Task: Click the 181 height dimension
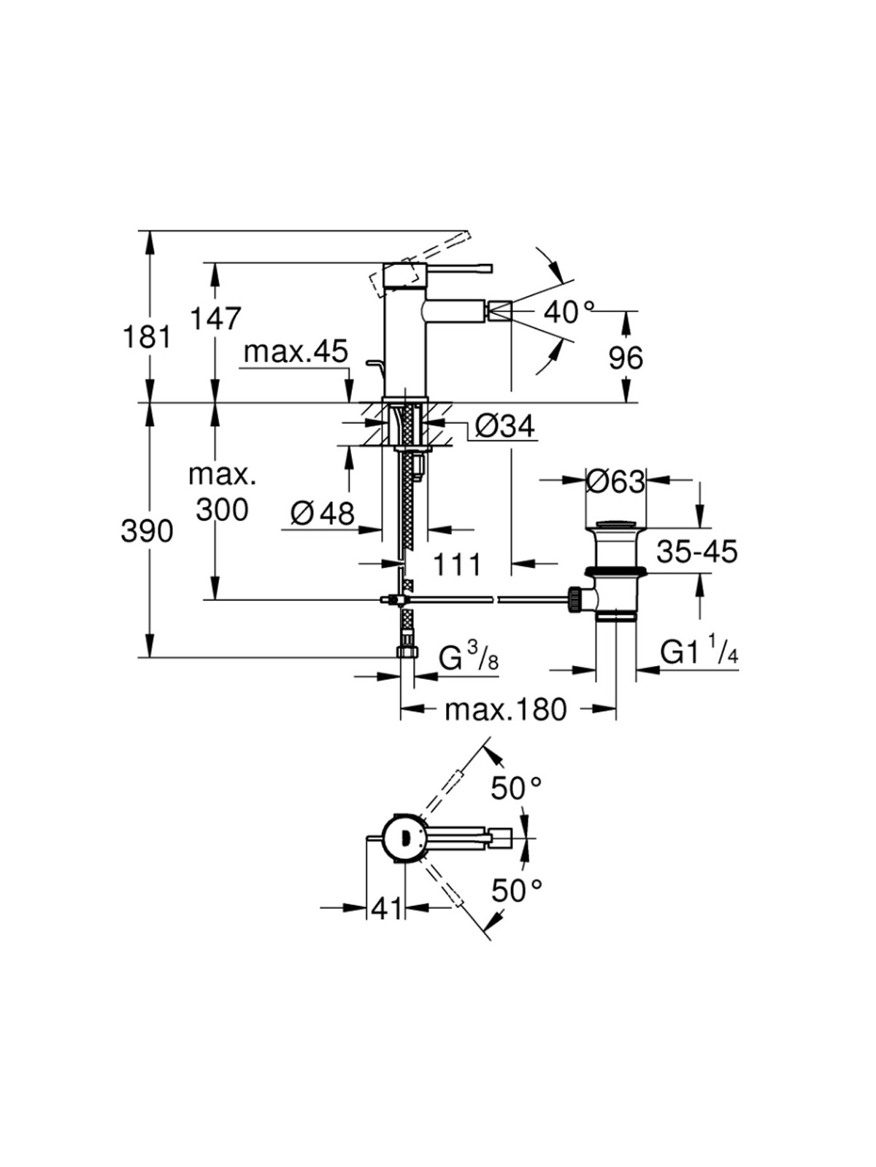point(147,337)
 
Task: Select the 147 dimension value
point(216,319)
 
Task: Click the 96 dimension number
point(626,358)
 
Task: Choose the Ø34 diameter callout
point(504,426)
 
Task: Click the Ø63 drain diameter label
point(615,483)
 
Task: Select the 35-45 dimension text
point(696,551)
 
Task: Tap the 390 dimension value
point(147,531)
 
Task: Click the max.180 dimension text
point(506,710)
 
